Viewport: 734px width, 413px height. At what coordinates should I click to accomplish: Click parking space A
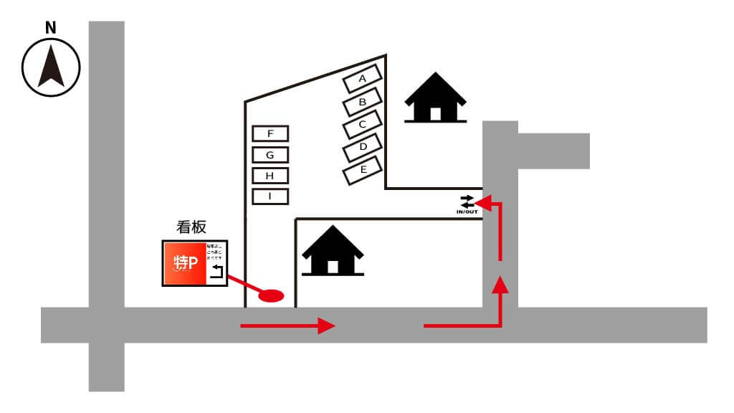(363, 79)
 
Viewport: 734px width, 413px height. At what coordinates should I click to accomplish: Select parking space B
(363, 103)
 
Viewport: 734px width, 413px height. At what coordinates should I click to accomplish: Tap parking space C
(363, 125)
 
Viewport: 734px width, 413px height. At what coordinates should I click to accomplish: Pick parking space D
(363, 148)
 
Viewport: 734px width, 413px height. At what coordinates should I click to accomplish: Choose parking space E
(363, 171)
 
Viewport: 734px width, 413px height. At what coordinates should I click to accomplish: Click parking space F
(270, 133)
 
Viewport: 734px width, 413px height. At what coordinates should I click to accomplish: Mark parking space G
(270, 155)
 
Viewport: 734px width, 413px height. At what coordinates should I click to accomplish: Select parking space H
(270, 176)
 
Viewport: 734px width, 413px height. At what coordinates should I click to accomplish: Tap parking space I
(270, 196)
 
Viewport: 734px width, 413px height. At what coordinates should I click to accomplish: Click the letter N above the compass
(50, 28)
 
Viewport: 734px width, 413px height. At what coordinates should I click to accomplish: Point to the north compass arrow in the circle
(51, 67)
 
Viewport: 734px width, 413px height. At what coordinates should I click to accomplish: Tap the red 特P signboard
(185, 263)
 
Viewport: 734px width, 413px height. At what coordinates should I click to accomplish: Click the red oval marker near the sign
(271, 295)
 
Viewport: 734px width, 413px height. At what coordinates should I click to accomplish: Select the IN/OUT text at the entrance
(467, 212)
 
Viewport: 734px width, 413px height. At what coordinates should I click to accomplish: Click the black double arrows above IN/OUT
(467, 201)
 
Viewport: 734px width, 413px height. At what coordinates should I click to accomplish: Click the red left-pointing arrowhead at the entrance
(482, 204)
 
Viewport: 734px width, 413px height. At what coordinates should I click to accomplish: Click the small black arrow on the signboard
(217, 271)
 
